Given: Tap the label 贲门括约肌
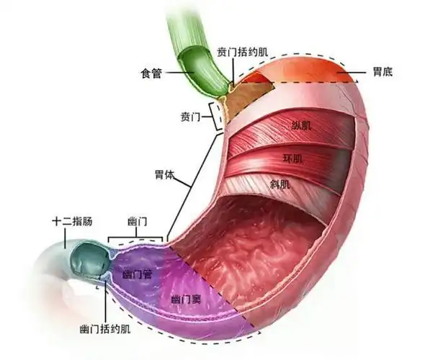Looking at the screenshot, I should [x=244, y=53].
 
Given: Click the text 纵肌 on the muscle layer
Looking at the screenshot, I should [x=302, y=126].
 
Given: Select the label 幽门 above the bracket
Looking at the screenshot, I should [x=138, y=221].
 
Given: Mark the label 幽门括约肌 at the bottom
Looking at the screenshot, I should [x=105, y=330].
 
